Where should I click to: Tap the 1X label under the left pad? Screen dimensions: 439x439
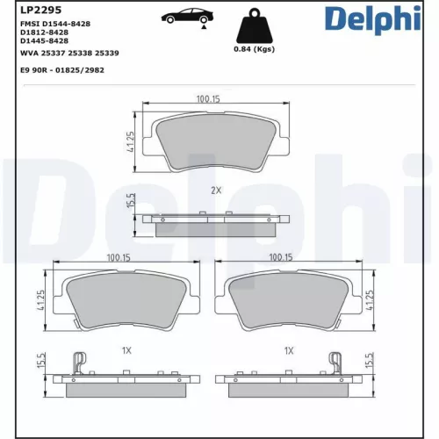pyautogui.click(x=126, y=349)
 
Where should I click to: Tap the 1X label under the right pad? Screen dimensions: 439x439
pyautogui.click(x=288, y=349)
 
